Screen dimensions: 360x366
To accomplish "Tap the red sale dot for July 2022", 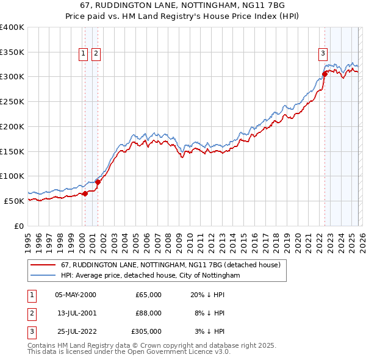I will pos(325,74).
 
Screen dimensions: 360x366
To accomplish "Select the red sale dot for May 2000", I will pos(85,193).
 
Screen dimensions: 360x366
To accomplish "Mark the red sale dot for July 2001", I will pos(98,182).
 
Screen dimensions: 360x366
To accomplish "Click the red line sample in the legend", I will pos(43,265).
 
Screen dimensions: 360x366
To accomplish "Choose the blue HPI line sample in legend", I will pos(43,276).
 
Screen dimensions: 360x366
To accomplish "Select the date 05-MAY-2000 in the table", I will pos(75,295).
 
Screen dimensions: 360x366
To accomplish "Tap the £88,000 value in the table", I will pos(148,313).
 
